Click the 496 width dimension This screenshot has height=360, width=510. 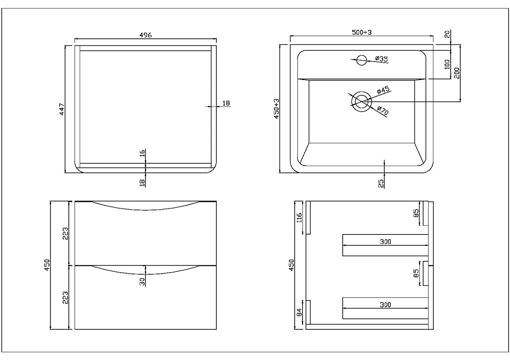click(x=145, y=35)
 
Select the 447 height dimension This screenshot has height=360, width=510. click(x=62, y=109)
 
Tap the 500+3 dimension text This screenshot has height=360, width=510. click(x=362, y=32)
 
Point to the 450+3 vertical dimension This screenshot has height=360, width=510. click(x=276, y=108)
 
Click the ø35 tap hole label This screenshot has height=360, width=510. click(x=381, y=59)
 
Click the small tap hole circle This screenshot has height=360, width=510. click(x=361, y=60)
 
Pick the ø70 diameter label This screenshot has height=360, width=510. click(x=383, y=111)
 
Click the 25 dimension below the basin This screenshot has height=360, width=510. click(x=381, y=183)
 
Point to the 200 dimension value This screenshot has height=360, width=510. click(x=456, y=73)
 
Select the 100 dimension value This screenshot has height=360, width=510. click(x=447, y=64)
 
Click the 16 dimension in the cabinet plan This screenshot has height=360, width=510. click(x=142, y=154)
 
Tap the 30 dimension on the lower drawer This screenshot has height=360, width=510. click(x=142, y=281)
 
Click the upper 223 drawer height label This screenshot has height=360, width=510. click(x=66, y=233)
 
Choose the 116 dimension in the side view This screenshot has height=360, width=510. click(x=300, y=218)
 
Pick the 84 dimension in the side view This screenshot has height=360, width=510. click(x=300, y=312)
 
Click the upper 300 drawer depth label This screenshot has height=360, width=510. click(x=385, y=242)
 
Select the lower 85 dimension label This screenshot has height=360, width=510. click(x=416, y=273)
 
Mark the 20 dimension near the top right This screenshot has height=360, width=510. click(x=447, y=34)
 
